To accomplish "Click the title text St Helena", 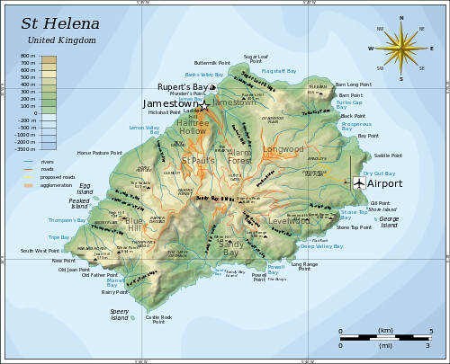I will click(61, 24).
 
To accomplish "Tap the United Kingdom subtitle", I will click(60, 40).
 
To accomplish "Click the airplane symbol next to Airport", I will click(359, 183).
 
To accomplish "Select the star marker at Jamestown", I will click(204, 105).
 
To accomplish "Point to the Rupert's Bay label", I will click(183, 87).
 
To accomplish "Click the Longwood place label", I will click(283, 149).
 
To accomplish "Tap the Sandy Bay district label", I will click(230, 247).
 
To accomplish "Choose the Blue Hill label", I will click(133, 224).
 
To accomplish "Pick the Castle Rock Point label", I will click(158, 319).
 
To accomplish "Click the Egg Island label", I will click(85, 190).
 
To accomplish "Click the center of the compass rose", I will click(401, 49).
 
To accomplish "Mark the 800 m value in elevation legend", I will click(28, 57).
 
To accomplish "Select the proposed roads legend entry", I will click(58, 177).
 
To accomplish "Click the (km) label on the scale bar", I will click(385, 331).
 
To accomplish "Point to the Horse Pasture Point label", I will click(99, 153).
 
